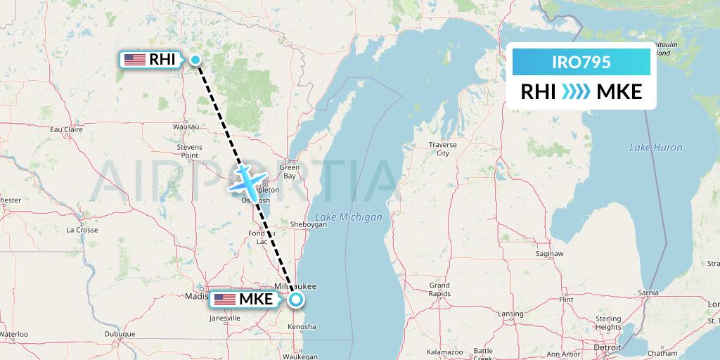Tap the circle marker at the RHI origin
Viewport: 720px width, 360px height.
tap(196, 60)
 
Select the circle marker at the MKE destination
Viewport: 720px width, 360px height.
tap(296, 300)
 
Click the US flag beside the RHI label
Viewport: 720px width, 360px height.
tap(134, 60)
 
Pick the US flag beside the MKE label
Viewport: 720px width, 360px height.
tap(224, 300)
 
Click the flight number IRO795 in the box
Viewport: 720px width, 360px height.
tap(581, 62)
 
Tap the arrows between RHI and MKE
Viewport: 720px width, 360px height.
tap(577, 92)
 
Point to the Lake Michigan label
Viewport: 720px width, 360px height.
tap(349, 217)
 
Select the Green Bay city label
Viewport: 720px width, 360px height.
tap(290, 172)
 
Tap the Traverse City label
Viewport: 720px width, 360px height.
tap(442, 148)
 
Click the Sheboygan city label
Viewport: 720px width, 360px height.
tap(309, 225)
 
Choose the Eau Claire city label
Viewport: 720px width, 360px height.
tap(67, 129)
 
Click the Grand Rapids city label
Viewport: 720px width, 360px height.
tap(439, 290)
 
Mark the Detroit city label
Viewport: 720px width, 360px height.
tap(607, 347)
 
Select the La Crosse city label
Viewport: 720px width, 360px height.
tap(82, 230)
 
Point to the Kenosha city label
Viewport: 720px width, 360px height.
tap(303, 327)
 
